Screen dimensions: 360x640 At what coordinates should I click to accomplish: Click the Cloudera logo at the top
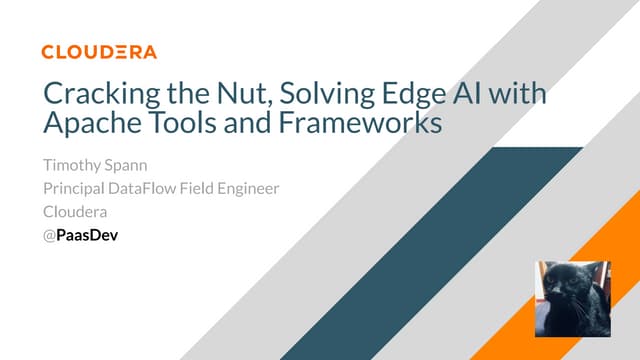tap(99, 51)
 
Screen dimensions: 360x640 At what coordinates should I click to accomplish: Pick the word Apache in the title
tap(86, 127)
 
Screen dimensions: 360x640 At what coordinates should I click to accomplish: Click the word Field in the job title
tap(212, 190)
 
